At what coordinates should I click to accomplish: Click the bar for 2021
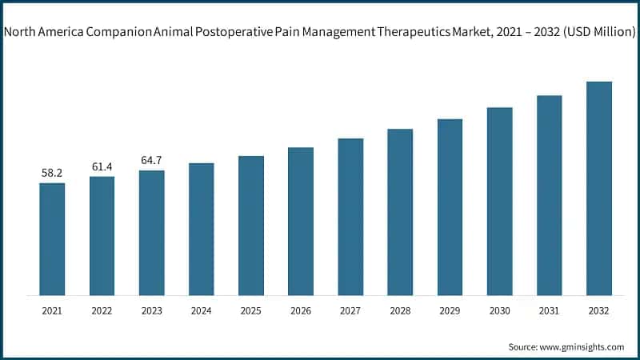click(52, 239)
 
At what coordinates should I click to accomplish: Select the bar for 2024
click(202, 230)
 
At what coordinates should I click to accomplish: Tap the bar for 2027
click(350, 217)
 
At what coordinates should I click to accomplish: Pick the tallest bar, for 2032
click(598, 189)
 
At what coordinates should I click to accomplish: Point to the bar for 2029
click(450, 207)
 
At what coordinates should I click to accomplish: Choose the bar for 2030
click(499, 202)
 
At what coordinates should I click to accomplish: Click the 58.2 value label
click(52, 173)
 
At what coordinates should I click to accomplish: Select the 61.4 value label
click(102, 166)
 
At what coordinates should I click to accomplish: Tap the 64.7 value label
click(151, 160)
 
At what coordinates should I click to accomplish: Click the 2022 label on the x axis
click(102, 310)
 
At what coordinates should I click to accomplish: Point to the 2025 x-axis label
click(251, 310)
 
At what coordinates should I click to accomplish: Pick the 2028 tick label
click(400, 310)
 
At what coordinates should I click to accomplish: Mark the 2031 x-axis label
click(549, 310)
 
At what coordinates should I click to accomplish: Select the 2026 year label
click(301, 310)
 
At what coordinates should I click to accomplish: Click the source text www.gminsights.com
click(583, 346)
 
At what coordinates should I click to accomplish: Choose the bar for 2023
click(151, 233)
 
